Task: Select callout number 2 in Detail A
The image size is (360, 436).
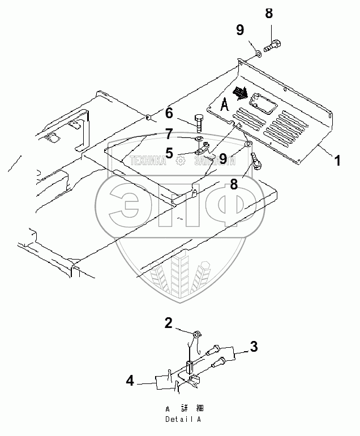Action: pos(168,323)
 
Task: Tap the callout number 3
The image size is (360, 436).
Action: pos(255,346)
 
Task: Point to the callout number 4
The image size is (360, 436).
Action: pos(130,382)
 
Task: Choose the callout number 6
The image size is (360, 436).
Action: pos(169,114)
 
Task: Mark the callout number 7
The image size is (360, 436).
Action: pos(169,133)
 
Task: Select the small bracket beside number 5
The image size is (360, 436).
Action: pos(202,150)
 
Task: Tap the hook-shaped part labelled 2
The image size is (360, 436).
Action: pos(196,337)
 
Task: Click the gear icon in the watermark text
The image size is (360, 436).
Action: pos(180,161)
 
